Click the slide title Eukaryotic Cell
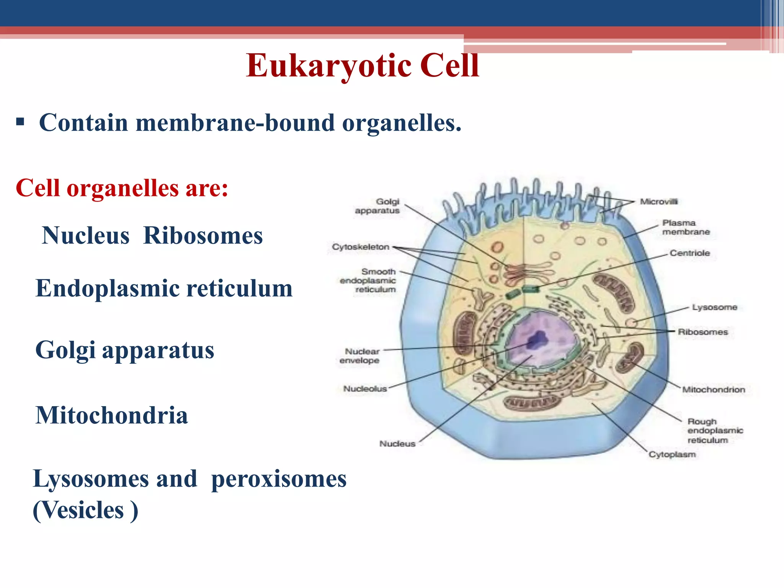tap(362, 65)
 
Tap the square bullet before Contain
tap(20, 122)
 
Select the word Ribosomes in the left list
tap(203, 235)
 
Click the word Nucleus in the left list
tap(86, 235)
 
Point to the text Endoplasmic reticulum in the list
tap(164, 288)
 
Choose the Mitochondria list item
tap(112, 415)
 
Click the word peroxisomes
tap(279, 479)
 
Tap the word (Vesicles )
tap(85, 510)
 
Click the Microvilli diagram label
tap(658, 202)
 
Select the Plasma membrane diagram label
tap(686, 227)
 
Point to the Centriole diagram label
tap(689, 253)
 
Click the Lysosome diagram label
tap(714, 307)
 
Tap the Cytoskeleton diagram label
tap(360, 247)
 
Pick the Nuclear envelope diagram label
tap(360, 356)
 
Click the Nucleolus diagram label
tap(365, 389)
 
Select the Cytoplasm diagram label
tap(672, 454)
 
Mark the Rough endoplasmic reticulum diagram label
tap(714, 431)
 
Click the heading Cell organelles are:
tap(122, 188)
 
